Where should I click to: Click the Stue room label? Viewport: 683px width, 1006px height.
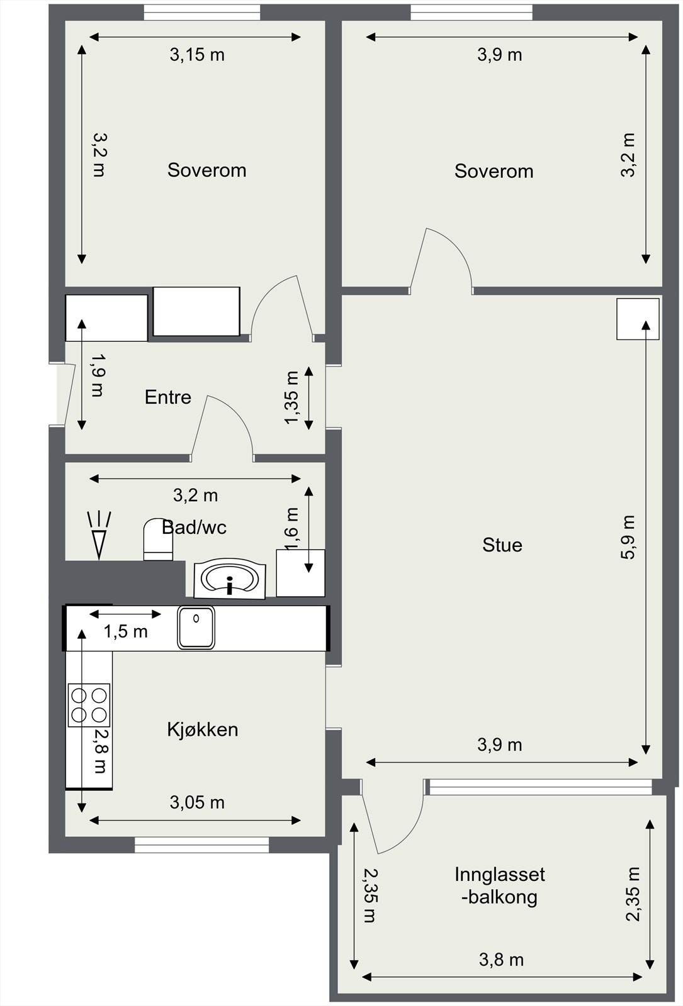[x=502, y=545]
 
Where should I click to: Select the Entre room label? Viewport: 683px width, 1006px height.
[x=167, y=397]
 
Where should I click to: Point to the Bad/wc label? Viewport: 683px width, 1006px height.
[x=194, y=528]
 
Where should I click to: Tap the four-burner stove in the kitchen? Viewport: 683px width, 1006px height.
[x=89, y=705]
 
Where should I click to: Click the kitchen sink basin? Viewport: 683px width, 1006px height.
[x=196, y=627]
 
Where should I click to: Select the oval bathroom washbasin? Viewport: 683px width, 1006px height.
[x=230, y=578]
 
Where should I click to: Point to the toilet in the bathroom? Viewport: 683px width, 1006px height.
[x=158, y=539]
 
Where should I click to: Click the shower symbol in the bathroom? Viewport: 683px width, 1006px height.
[x=99, y=535]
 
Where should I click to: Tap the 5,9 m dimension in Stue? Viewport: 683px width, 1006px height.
[x=628, y=537]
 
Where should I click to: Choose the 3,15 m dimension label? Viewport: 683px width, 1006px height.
[x=197, y=55]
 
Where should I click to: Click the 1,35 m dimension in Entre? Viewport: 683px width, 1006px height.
[x=292, y=397]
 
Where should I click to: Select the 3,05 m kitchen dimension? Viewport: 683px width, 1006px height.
[x=197, y=802]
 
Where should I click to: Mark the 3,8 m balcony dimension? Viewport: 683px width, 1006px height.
[x=501, y=960]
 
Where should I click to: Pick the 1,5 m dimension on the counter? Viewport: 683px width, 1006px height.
[x=126, y=631]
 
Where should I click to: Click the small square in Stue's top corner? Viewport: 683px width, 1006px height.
[x=638, y=319]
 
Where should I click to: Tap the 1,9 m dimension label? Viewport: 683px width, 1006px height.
[x=98, y=375]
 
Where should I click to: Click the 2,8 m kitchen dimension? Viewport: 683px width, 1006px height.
[x=100, y=751]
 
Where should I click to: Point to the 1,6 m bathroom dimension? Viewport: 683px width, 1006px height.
[x=292, y=528]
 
